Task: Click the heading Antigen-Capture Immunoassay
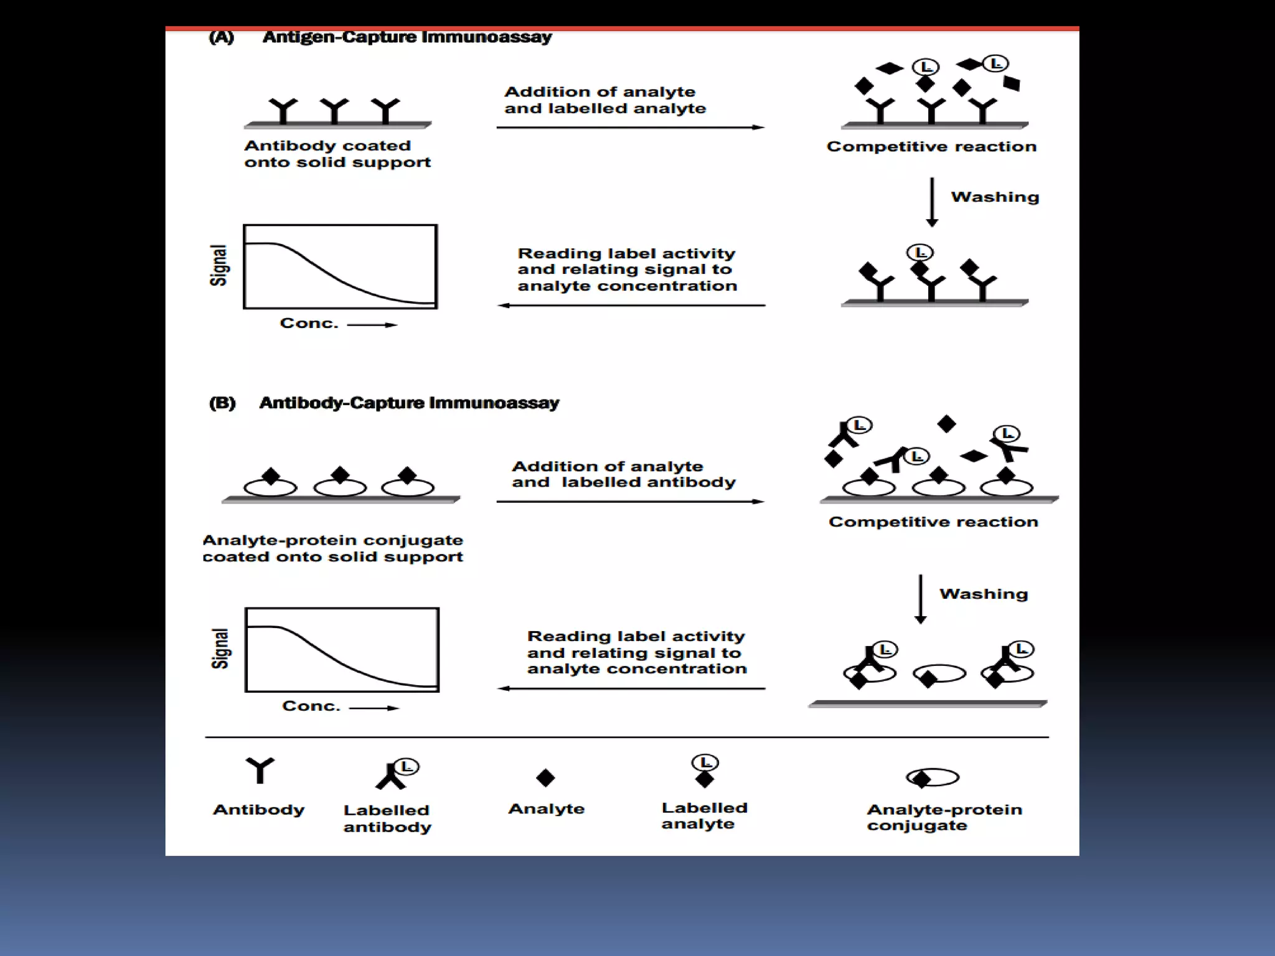(x=407, y=37)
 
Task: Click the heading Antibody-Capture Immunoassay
(x=409, y=403)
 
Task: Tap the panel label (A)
(x=221, y=37)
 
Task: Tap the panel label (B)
(x=222, y=403)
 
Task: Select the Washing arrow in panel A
(x=931, y=202)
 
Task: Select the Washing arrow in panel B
(x=920, y=598)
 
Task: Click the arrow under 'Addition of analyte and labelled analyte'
(x=630, y=128)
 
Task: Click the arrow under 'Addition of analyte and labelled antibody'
(x=630, y=502)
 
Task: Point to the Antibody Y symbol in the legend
(x=260, y=770)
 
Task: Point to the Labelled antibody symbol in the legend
(x=396, y=774)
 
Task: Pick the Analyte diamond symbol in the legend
(x=545, y=777)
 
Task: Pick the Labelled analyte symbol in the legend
(x=705, y=771)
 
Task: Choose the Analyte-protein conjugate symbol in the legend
(x=933, y=777)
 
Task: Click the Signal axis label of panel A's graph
(x=219, y=266)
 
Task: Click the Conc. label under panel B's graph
(x=311, y=706)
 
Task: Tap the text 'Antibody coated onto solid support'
(x=337, y=154)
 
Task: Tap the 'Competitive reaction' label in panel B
(x=933, y=522)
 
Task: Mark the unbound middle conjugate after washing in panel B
(x=939, y=675)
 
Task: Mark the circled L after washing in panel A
(x=920, y=253)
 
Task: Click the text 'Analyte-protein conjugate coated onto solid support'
(x=332, y=548)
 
